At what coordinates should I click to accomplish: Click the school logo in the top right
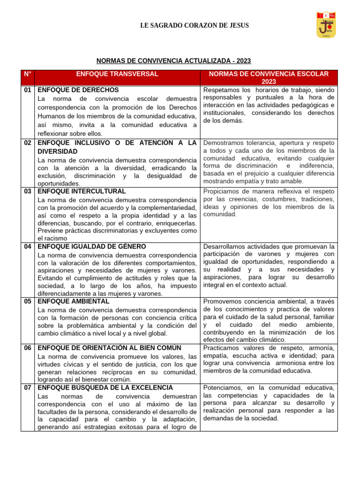click(326, 25)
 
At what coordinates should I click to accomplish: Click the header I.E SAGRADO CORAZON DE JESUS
click(195, 26)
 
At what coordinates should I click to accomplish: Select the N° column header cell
click(27, 74)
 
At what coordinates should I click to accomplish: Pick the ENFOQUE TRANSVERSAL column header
click(118, 74)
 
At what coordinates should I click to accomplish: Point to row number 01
click(28, 90)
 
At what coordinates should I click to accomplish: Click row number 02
click(28, 142)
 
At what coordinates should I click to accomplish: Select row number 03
click(28, 191)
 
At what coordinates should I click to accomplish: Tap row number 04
click(28, 246)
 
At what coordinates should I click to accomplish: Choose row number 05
click(28, 301)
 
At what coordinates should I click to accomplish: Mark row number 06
click(28, 347)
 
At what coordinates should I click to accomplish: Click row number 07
click(28, 388)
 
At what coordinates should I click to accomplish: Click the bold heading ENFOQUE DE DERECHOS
click(78, 90)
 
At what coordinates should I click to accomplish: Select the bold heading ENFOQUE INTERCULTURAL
click(82, 191)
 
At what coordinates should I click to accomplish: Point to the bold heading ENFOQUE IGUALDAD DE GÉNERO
click(92, 246)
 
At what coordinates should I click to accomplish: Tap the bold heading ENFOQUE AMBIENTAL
click(74, 301)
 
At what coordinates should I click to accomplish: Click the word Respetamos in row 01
click(221, 90)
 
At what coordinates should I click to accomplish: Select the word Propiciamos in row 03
click(221, 191)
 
